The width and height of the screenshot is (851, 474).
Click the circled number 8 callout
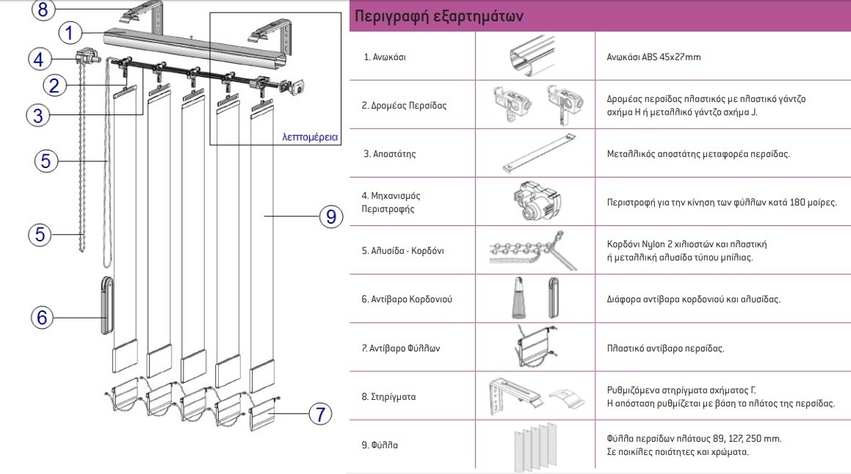(43, 10)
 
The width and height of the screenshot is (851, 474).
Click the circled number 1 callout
(68, 33)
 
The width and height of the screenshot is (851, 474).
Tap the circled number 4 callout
(40, 59)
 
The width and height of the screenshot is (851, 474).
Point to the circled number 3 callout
(40, 114)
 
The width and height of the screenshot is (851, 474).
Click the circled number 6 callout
(43, 317)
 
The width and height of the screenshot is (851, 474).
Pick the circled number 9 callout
(330, 216)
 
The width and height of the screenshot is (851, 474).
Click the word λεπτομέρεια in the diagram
(310, 136)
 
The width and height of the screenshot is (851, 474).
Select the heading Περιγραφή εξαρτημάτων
(439, 17)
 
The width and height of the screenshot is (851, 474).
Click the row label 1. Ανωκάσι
(384, 56)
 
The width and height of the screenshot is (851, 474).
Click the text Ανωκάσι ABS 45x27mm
(654, 56)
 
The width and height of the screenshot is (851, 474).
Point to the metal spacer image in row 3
(535, 155)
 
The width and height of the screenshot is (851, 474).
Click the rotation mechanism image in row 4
(535, 203)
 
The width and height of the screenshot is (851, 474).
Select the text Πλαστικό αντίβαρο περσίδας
(665, 348)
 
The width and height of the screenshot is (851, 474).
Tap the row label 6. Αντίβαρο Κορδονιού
(408, 299)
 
